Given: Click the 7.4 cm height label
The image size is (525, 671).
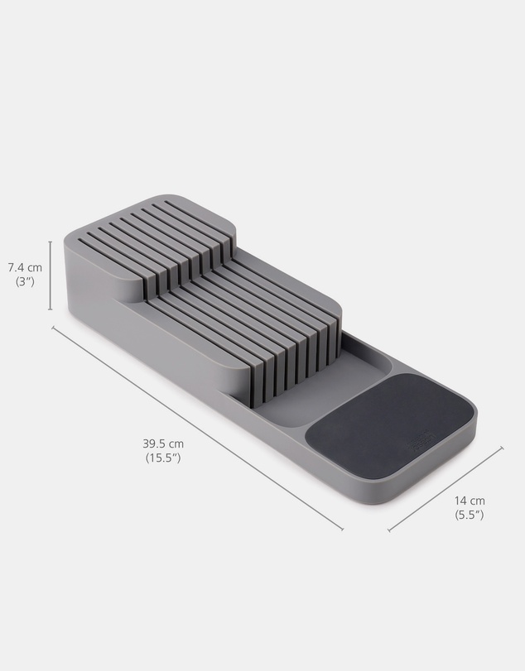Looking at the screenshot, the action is pyautogui.click(x=26, y=268).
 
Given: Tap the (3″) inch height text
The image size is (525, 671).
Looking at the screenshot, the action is pyautogui.click(x=25, y=282).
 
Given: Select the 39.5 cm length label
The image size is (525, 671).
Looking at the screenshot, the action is pyautogui.click(x=163, y=443).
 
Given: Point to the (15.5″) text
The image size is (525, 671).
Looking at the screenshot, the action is pyautogui.click(x=163, y=458).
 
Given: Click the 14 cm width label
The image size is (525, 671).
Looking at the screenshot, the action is pyautogui.click(x=470, y=501).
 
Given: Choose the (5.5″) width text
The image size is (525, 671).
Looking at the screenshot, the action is pyautogui.click(x=470, y=515).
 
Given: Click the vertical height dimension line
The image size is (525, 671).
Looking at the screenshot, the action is pyautogui.click(x=51, y=276).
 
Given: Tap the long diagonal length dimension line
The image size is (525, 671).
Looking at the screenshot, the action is pyautogui.click(x=197, y=429).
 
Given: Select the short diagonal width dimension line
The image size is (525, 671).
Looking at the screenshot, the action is pyautogui.click(x=446, y=489).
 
